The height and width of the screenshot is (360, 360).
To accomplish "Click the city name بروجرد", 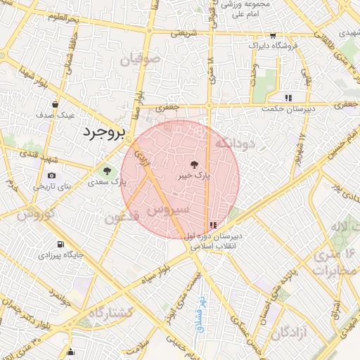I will coord(104,132).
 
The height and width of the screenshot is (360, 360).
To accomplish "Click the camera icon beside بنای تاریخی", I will coord(51,175).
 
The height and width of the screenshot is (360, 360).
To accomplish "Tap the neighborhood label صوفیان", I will coord(140,61).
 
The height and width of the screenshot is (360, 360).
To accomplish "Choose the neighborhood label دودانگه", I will coord(236,143).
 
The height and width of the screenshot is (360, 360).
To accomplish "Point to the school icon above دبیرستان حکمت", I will coord(288,98).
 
